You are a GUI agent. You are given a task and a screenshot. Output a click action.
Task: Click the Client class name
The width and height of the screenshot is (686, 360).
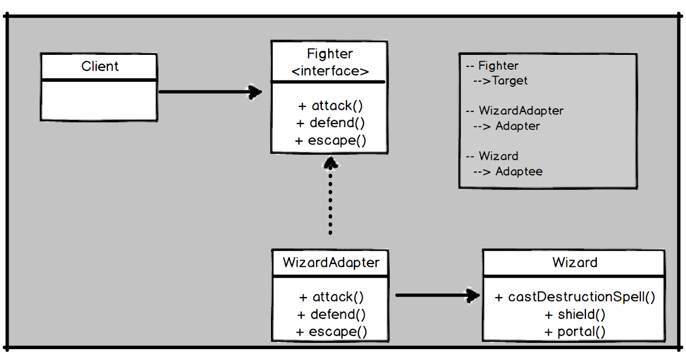tap(99, 66)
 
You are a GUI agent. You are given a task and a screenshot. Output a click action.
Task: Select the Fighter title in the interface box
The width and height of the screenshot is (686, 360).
tap(330, 54)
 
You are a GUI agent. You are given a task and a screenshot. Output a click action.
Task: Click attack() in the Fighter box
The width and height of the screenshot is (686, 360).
tap(330, 106)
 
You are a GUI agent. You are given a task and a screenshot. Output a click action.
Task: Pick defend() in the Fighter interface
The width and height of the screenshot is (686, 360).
tap(330, 123)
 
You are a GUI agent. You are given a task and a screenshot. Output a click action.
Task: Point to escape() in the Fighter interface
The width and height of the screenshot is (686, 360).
tap(330, 141)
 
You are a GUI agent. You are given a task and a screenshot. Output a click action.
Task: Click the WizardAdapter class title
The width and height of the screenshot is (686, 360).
tap(330, 263)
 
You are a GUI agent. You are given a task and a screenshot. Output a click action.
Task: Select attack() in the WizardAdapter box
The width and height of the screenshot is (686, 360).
tap(331, 297)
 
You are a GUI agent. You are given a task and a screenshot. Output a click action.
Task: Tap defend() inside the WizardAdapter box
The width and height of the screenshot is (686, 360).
tap(331, 314)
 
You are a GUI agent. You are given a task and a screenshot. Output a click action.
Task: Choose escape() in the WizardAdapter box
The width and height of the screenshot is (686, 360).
tap(331, 331)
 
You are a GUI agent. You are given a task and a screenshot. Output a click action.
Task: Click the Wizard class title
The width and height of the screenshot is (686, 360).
tap(575, 263)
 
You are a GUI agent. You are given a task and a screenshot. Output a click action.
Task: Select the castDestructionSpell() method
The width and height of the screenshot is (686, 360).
tap(575, 297)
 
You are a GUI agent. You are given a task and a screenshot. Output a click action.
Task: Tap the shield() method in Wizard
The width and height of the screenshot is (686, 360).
tap(575, 314)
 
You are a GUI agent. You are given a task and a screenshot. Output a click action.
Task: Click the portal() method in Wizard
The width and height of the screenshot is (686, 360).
tap(575, 331)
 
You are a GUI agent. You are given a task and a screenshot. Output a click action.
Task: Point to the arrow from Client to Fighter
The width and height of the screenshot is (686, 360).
tap(209, 91)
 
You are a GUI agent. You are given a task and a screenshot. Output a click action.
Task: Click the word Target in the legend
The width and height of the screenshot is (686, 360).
tap(509, 81)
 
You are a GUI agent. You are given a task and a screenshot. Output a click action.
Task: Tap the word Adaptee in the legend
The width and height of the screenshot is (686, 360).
tap(519, 171)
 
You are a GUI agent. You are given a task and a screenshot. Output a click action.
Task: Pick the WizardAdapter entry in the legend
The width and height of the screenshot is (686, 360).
tap(521, 110)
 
